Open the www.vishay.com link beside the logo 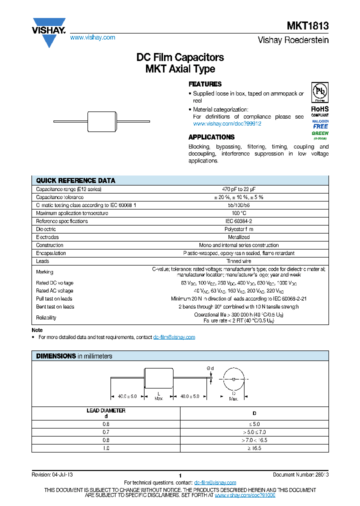pyautogui.click(x=92, y=37)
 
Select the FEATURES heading pyautogui.click(x=205, y=84)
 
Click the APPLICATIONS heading pyautogui.click(x=211, y=137)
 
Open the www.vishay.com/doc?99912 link pyautogui.click(x=227, y=123)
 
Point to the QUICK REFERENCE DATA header pyautogui.click(x=75, y=180)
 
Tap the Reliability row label pyautogui.click(x=46, y=317)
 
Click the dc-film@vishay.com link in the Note pyautogui.click(x=174, y=337)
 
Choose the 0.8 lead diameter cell pyautogui.click(x=105, y=440)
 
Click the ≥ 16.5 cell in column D pyautogui.click(x=253, y=448)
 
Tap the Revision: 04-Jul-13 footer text pyautogui.click(x=52, y=474)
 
